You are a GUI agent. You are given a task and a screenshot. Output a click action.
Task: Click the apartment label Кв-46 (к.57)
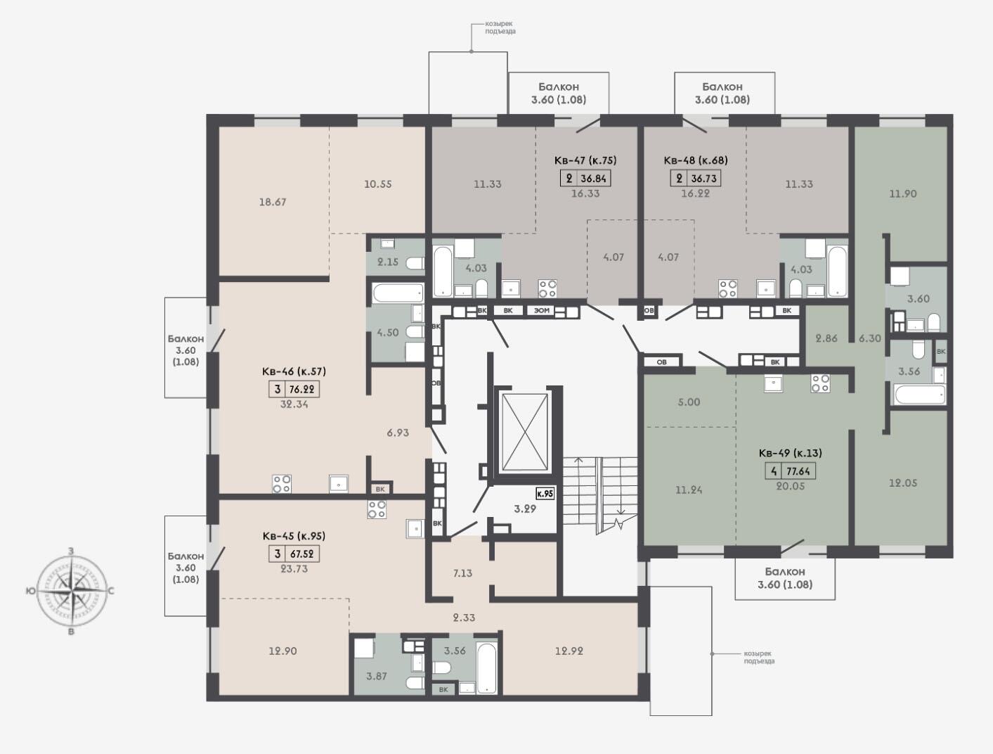(x=294, y=371)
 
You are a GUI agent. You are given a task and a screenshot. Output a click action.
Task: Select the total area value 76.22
(x=301, y=389)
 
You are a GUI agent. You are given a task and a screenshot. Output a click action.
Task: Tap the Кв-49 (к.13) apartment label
(x=791, y=453)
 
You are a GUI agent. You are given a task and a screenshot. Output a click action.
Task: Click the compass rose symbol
(x=71, y=591)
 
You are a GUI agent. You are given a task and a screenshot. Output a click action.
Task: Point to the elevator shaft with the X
(x=525, y=433)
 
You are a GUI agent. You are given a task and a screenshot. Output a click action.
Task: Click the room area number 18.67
(x=273, y=203)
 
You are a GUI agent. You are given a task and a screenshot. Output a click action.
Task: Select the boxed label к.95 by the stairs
(x=545, y=493)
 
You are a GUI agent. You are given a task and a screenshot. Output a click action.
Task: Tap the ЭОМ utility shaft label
(x=542, y=310)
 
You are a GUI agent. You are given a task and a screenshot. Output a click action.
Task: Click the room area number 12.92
(x=569, y=651)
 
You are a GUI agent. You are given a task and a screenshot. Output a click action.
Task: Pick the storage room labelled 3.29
(x=525, y=509)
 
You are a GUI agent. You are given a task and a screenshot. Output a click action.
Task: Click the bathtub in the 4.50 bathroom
(x=398, y=293)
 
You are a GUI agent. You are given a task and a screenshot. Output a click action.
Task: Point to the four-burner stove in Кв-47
(x=547, y=288)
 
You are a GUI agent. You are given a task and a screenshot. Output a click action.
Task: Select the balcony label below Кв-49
(x=785, y=578)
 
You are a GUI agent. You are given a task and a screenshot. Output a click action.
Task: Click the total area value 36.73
(x=704, y=179)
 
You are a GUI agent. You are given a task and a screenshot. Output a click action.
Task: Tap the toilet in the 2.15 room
(x=415, y=263)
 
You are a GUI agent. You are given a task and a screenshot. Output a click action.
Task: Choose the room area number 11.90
(x=903, y=193)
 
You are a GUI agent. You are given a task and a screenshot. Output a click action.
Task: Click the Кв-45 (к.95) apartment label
(x=294, y=536)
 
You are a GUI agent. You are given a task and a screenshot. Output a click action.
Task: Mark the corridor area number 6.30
(x=870, y=338)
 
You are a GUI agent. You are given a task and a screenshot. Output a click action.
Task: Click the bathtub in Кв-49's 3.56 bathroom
(x=920, y=394)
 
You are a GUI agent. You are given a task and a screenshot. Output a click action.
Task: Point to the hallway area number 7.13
(x=462, y=573)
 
